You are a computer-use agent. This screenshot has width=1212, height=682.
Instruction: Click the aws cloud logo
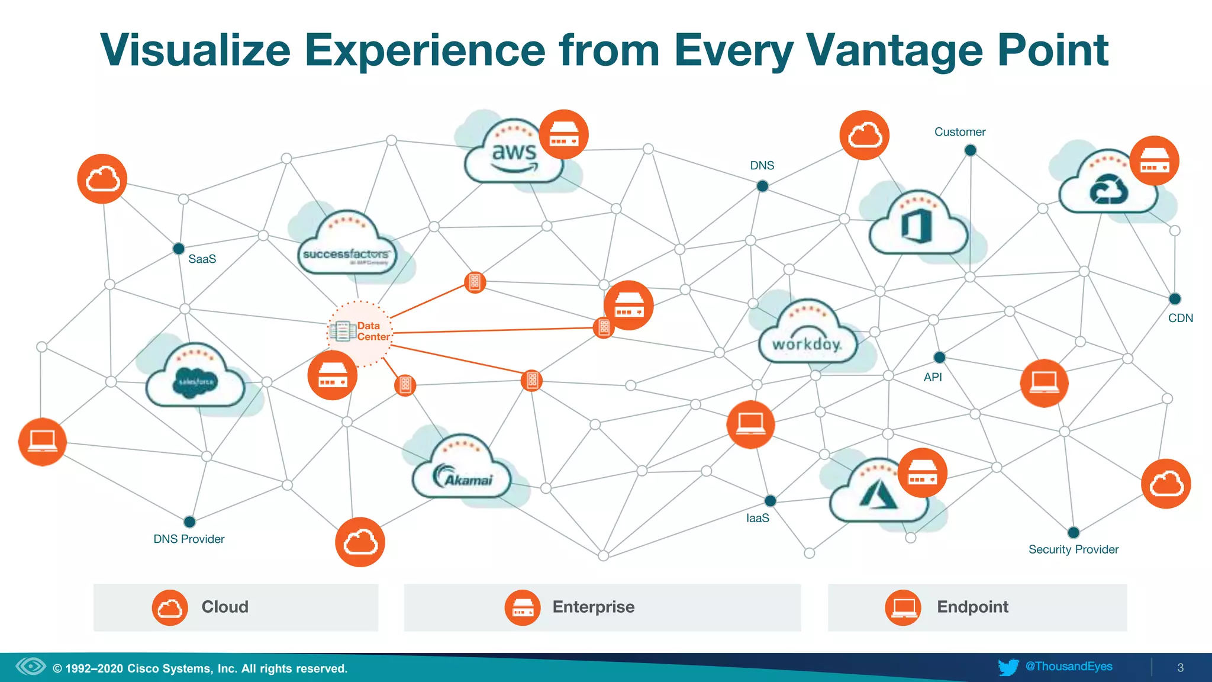[x=513, y=155]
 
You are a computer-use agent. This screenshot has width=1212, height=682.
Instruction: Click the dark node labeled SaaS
[x=178, y=249]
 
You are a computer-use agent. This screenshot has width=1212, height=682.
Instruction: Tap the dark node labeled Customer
[x=970, y=150]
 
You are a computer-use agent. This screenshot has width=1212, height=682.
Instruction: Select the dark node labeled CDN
[x=1175, y=299]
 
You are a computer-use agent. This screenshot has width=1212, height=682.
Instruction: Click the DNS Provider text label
[x=189, y=539]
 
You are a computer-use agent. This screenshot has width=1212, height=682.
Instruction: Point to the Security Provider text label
[x=1073, y=549]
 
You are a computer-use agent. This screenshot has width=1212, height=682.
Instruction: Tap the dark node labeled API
[x=939, y=358]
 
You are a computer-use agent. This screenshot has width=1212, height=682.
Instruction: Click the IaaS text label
[x=757, y=519]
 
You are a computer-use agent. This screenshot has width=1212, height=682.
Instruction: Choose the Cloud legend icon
[x=170, y=607]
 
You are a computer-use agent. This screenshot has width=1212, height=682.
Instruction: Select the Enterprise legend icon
[x=522, y=607]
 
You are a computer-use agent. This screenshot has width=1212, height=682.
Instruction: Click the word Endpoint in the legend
[x=972, y=607]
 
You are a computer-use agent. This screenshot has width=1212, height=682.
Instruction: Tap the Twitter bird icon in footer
[x=1008, y=667]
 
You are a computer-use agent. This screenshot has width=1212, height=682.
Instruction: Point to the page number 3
[x=1180, y=668]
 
